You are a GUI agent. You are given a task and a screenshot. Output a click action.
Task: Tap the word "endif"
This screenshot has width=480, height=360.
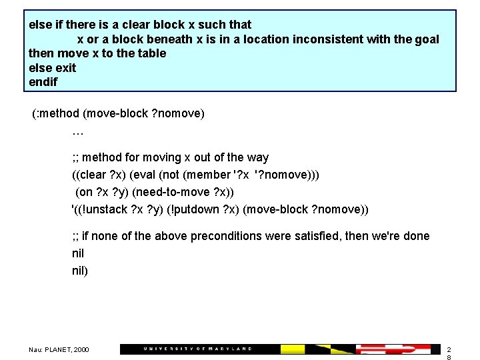point(43,83)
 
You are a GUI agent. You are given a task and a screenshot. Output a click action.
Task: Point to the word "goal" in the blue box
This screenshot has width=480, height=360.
point(426,39)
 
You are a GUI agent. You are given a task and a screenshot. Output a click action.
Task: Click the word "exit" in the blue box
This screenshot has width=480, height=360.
point(65,68)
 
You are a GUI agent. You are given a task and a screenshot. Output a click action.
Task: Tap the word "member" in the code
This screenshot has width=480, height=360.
point(210,175)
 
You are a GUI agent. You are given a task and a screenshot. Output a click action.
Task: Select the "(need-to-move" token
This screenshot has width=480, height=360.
point(167,192)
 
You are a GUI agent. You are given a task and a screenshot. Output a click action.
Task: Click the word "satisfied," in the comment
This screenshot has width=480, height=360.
point(363,236)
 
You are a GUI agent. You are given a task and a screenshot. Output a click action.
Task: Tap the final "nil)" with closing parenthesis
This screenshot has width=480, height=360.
point(80,271)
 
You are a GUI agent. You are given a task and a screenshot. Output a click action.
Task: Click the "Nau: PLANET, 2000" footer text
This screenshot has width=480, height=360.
point(59,349)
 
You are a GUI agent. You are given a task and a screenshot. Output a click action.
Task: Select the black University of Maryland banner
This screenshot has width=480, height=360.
point(200,349)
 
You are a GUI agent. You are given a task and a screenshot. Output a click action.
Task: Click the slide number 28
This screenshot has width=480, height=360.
point(449,353)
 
